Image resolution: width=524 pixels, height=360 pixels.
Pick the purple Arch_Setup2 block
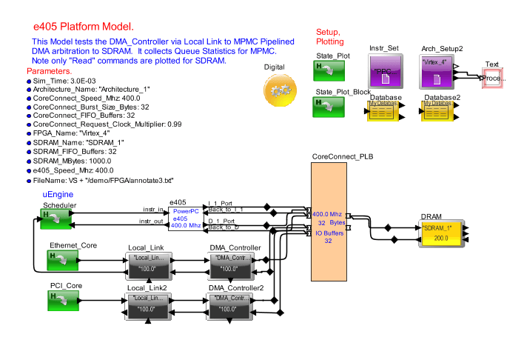tap(436, 73)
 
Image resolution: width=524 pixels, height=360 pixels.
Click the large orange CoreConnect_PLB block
tap(329, 221)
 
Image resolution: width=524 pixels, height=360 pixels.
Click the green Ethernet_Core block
tap(62, 259)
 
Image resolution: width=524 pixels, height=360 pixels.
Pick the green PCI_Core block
tap(62, 299)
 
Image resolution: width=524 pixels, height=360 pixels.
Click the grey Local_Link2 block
tap(147, 304)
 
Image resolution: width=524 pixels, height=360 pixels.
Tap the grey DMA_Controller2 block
tap(229, 304)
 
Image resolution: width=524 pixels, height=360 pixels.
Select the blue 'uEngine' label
tap(57, 193)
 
